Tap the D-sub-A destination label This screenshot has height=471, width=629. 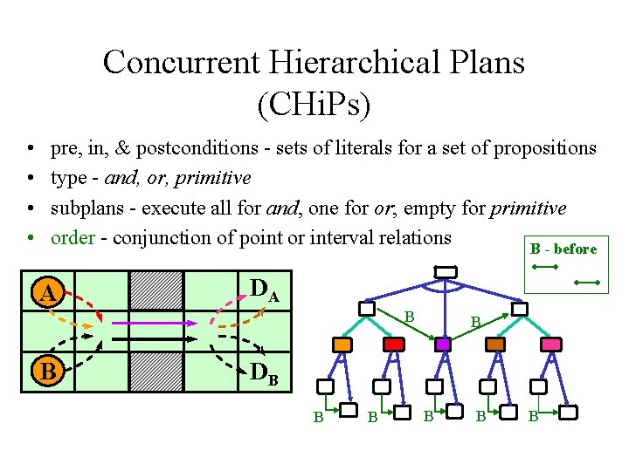coord(264,290)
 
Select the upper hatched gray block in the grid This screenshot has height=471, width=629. coord(156,291)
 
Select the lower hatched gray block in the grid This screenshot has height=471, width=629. coord(156,372)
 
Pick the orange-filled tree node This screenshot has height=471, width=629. coord(342,345)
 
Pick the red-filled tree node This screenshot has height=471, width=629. coord(394,345)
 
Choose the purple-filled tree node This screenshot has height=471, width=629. coord(444,345)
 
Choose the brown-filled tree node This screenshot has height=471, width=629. coord(495,345)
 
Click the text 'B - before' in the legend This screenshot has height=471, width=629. coord(563,249)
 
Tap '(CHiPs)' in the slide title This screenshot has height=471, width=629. coord(314,105)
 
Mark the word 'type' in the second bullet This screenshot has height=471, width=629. coord(68,179)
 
